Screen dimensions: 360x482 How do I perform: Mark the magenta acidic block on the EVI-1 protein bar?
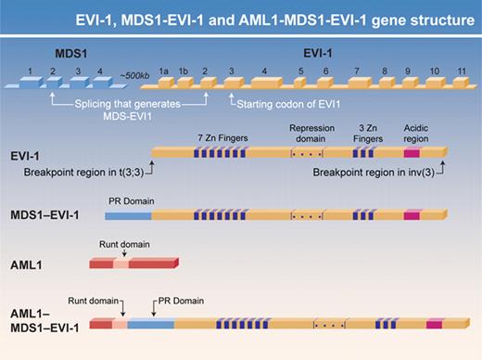pos(412,152)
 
